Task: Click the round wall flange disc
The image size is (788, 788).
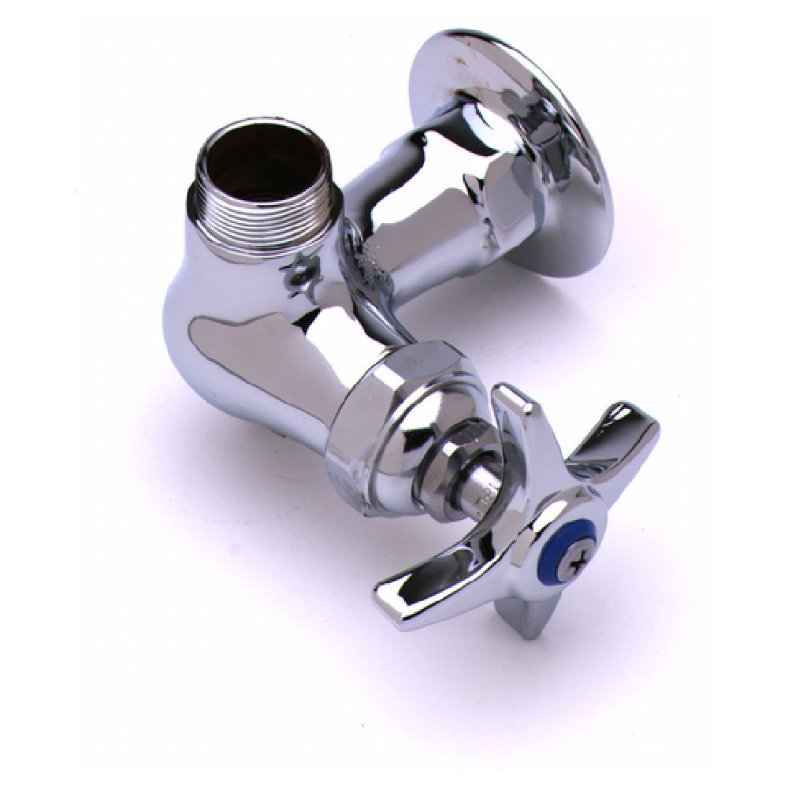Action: click(512, 150)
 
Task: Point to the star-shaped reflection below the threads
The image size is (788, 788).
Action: click(300, 271)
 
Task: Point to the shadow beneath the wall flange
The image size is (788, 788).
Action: click(583, 315)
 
